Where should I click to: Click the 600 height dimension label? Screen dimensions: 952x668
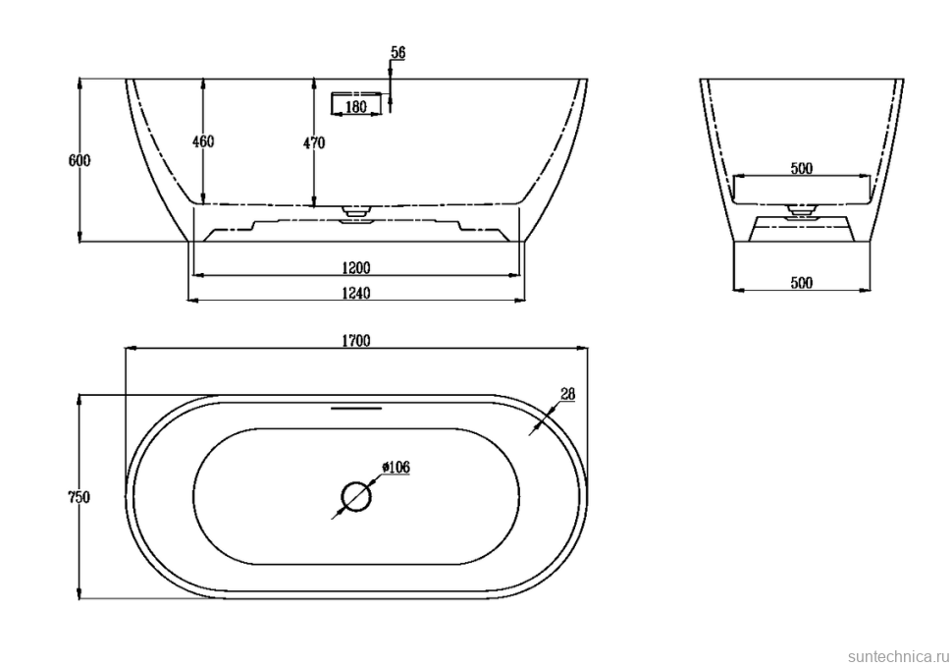[79, 160]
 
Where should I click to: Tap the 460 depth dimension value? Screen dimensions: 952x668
[203, 141]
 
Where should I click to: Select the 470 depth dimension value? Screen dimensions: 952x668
[314, 142]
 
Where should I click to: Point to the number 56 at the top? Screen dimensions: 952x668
[397, 53]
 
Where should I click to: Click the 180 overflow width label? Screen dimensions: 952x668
[356, 107]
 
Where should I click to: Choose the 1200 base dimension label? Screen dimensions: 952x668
[356, 267]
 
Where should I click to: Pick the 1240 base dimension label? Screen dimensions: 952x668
[356, 293]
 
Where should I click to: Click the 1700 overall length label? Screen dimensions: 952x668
[356, 340]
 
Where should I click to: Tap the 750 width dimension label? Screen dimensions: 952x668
[79, 497]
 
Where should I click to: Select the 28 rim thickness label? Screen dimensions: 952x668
[567, 394]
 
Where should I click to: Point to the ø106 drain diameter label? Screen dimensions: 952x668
[396, 468]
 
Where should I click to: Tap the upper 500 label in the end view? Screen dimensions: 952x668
[802, 168]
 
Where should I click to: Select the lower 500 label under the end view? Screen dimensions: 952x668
[802, 283]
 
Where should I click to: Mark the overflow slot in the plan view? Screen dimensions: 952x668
[356, 409]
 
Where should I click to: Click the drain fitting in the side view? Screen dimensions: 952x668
[356, 214]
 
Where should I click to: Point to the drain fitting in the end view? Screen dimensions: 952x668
[802, 213]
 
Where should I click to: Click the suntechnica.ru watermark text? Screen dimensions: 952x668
[898, 656]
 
